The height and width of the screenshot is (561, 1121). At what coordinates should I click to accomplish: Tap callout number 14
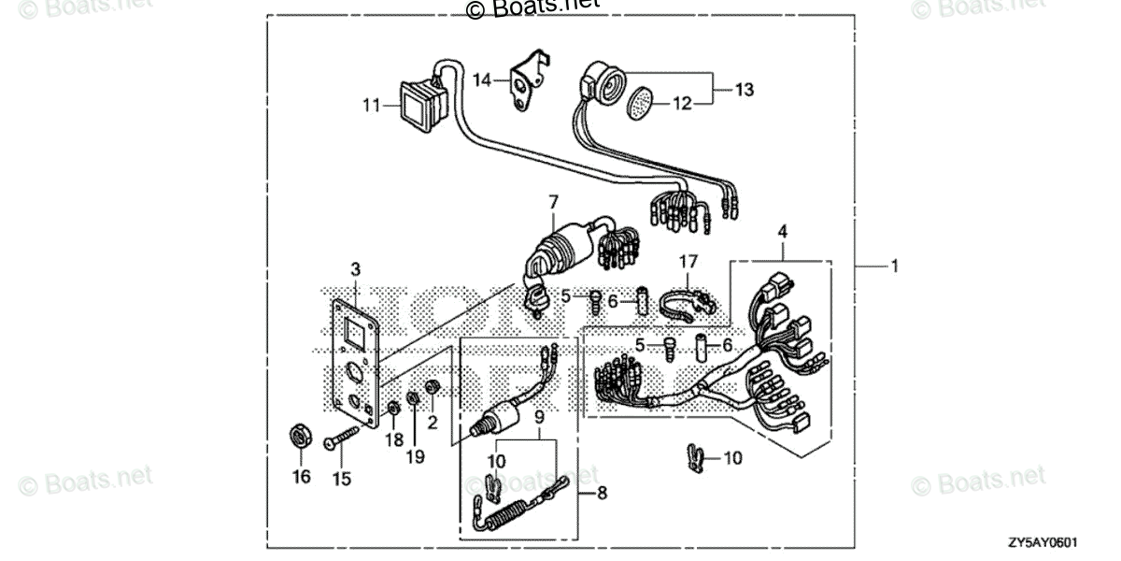pyautogui.click(x=481, y=81)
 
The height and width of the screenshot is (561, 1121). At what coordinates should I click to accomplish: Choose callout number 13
pyautogui.click(x=744, y=90)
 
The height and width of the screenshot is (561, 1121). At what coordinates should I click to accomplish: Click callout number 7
pyautogui.click(x=553, y=202)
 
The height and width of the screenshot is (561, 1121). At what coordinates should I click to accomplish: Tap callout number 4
pyautogui.click(x=783, y=230)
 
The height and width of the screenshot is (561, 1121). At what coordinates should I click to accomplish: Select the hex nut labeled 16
pyautogui.click(x=301, y=437)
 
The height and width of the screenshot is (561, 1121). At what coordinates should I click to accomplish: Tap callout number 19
pyautogui.click(x=415, y=456)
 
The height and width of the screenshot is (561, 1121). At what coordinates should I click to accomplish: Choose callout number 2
pyautogui.click(x=433, y=423)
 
